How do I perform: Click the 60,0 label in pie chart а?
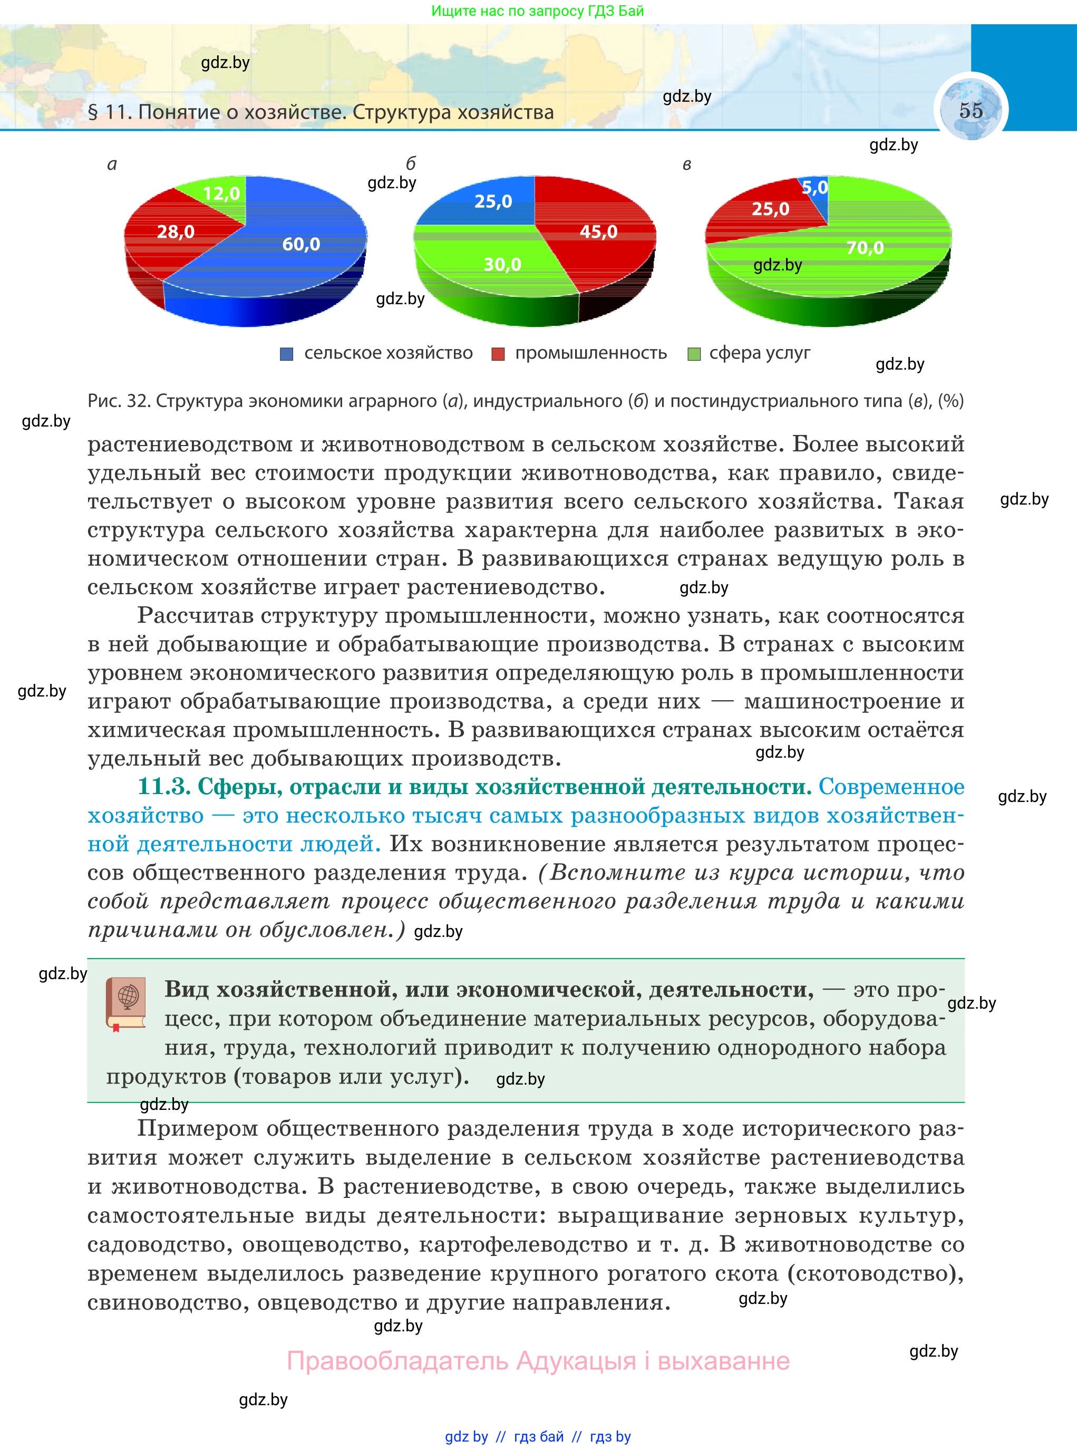tap(300, 245)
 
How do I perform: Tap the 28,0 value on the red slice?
tap(176, 232)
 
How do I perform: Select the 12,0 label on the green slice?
tap(221, 194)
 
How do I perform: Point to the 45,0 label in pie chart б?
tap(598, 232)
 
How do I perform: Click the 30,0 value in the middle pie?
tap(502, 265)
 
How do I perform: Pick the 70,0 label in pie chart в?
tap(865, 248)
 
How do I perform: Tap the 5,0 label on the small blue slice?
tap(814, 188)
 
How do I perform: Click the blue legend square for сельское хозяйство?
tap(286, 354)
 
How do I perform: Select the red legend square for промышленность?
tap(498, 354)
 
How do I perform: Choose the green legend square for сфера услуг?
tap(694, 354)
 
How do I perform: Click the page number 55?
tap(970, 110)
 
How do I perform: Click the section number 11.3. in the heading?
tap(163, 787)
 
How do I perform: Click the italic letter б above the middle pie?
tap(410, 163)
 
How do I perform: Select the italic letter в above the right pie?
tap(686, 165)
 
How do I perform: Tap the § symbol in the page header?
tap(93, 113)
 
